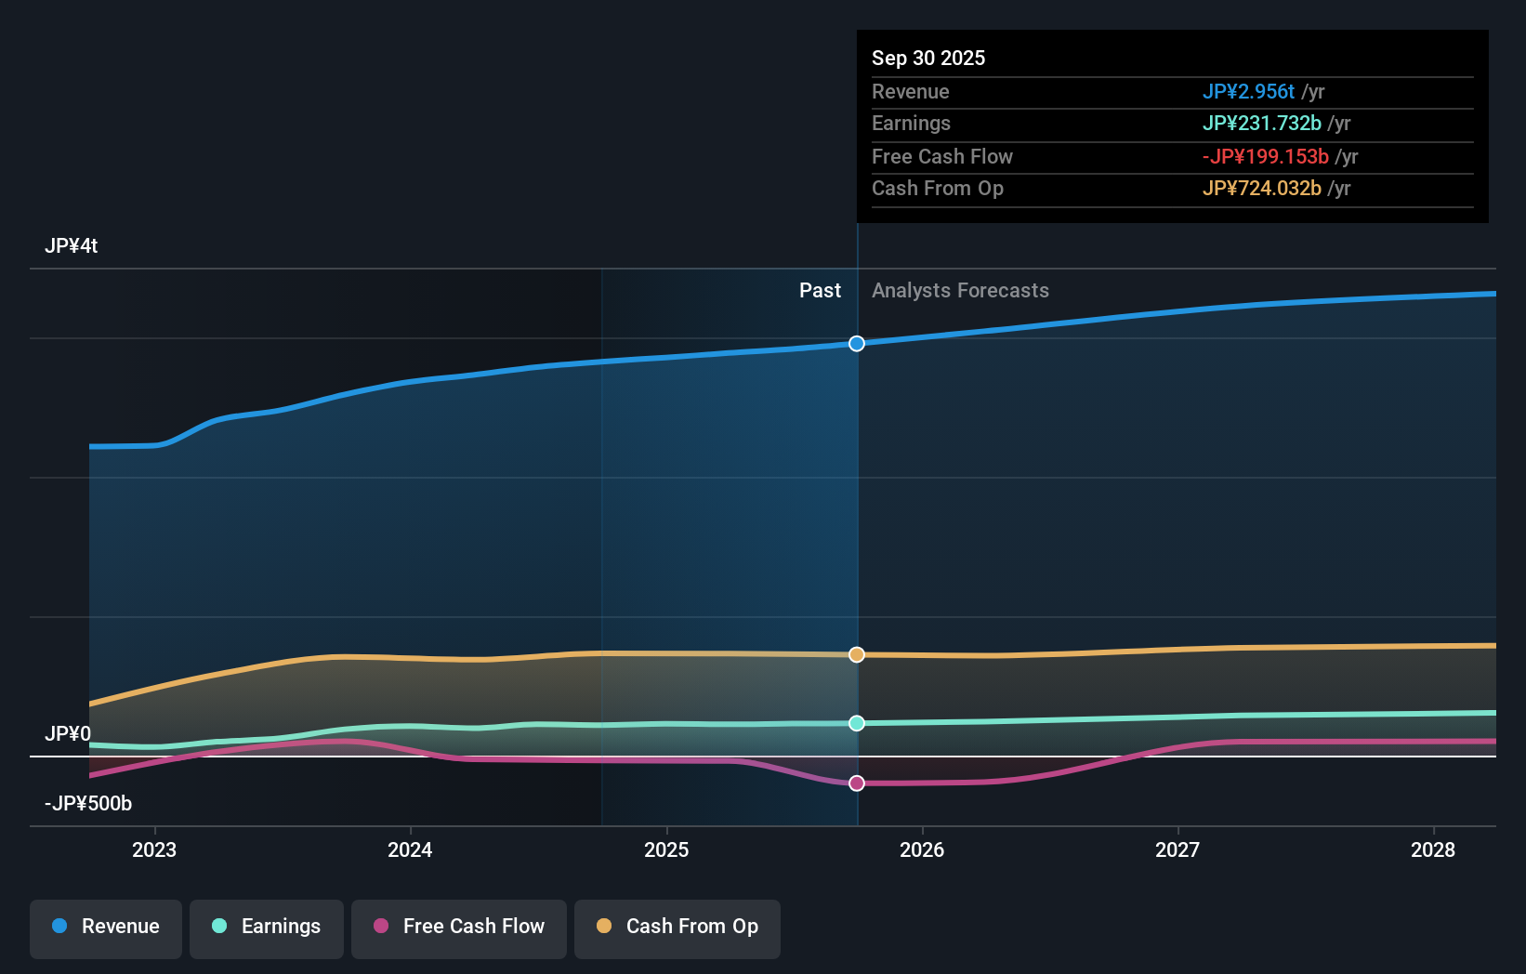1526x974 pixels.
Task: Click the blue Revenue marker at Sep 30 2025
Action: [x=857, y=344]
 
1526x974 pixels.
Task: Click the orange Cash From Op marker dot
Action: [x=857, y=655]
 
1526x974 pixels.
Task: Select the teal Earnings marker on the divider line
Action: [x=857, y=723]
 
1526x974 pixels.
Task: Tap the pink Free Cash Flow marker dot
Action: [x=857, y=783]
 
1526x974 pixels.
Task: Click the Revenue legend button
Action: [x=106, y=927]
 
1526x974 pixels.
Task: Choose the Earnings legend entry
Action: [x=267, y=927]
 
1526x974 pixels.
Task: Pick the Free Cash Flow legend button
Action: [x=459, y=927]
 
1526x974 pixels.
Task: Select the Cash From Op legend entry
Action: [x=677, y=927]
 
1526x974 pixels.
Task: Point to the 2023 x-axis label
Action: [x=154, y=849]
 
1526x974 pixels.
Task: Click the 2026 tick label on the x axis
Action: [x=922, y=849]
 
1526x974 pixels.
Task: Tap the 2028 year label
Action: [x=1433, y=849]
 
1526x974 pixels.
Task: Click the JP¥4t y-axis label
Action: [x=72, y=246]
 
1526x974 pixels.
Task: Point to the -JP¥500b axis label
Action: [x=88, y=804]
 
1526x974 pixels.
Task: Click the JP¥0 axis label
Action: [x=68, y=734]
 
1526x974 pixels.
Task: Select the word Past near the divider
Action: [x=820, y=291]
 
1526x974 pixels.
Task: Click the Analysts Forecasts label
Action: [x=960, y=291]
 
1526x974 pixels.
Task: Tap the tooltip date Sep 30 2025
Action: [x=928, y=59]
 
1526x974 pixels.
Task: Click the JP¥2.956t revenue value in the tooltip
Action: [x=1248, y=92]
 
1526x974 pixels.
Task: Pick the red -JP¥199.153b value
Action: [x=1265, y=157]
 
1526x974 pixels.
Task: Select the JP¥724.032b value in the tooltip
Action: [x=1261, y=189]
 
